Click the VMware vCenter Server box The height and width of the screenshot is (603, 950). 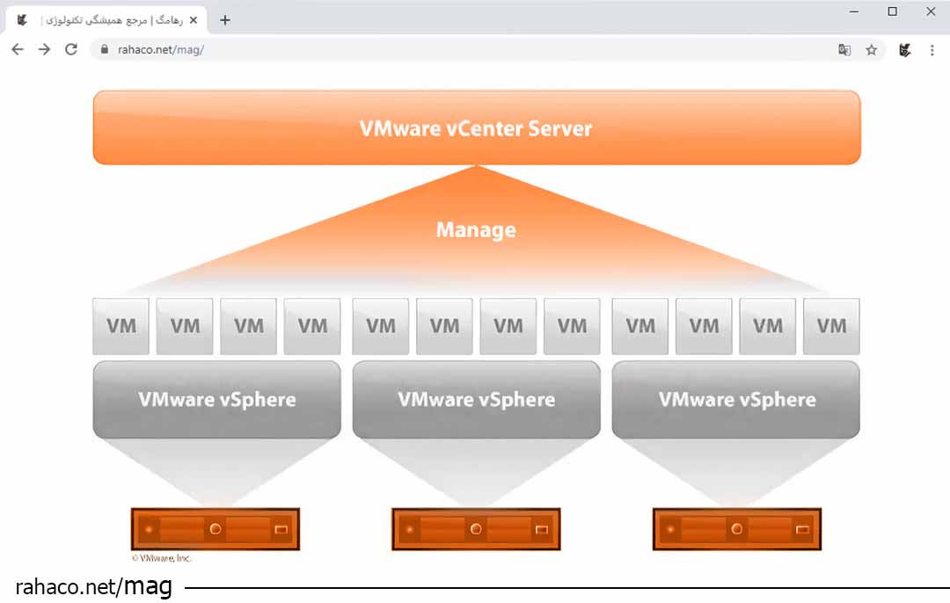(x=476, y=128)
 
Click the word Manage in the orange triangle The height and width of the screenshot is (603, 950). (x=476, y=230)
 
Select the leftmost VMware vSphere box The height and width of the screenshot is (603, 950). (x=216, y=399)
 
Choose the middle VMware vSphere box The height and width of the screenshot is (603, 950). (x=476, y=399)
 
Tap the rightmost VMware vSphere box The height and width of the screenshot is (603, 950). (x=736, y=399)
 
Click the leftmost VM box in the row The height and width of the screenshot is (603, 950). (x=121, y=326)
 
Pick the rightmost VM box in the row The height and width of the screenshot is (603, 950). (x=831, y=326)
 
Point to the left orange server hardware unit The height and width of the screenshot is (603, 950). (x=216, y=529)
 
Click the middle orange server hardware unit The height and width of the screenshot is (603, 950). (x=476, y=529)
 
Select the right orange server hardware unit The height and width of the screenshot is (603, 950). (x=737, y=529)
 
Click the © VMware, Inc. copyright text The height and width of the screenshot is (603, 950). (x=162, y=558)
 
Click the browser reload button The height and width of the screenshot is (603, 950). (x=71, y=50)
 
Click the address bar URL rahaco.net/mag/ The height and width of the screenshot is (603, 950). (x=161, y=50)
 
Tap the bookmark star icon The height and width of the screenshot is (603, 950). (x=872, y=50)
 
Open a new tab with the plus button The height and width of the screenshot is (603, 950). (x=225, y=20)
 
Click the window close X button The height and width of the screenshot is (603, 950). (x=931, y=11)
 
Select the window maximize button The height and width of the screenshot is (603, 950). (x=893, y=11)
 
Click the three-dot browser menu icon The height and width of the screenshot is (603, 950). (x=932, y=50)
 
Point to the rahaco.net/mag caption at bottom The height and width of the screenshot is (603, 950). (x=93, y=586)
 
